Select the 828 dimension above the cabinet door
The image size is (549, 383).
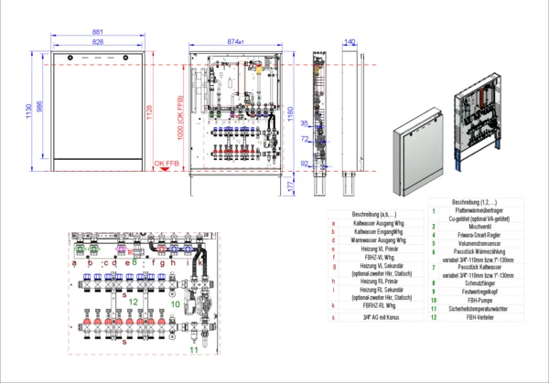[97, 43]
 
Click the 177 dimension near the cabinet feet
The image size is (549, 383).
[291, 186]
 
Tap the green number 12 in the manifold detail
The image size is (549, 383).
[134, 300]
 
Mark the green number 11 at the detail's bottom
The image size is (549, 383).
[193, 348]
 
